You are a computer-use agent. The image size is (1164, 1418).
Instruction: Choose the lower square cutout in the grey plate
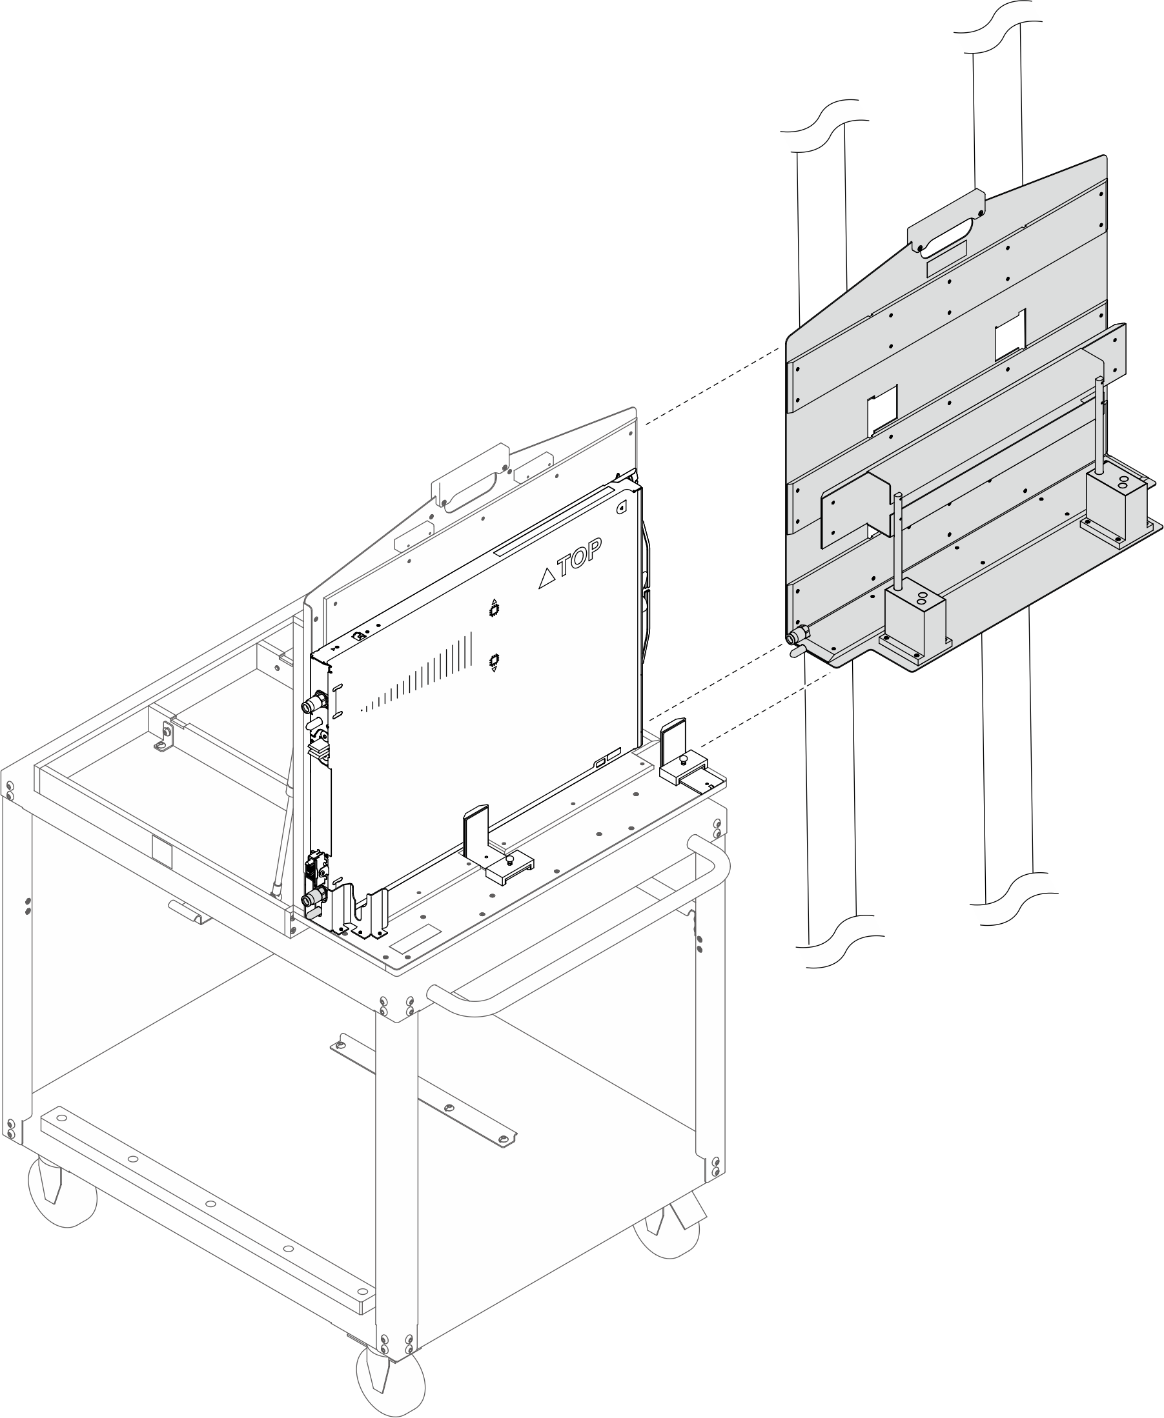883,410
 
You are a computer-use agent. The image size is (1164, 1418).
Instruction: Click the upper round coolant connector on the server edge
313,704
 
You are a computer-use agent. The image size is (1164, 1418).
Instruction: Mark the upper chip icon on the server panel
494,609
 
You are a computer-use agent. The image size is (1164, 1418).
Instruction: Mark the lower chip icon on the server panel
494,661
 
